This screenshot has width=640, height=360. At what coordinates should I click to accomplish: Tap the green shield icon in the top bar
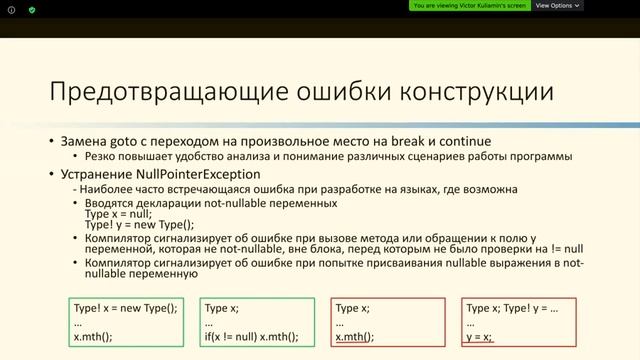tap(32, 9)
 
